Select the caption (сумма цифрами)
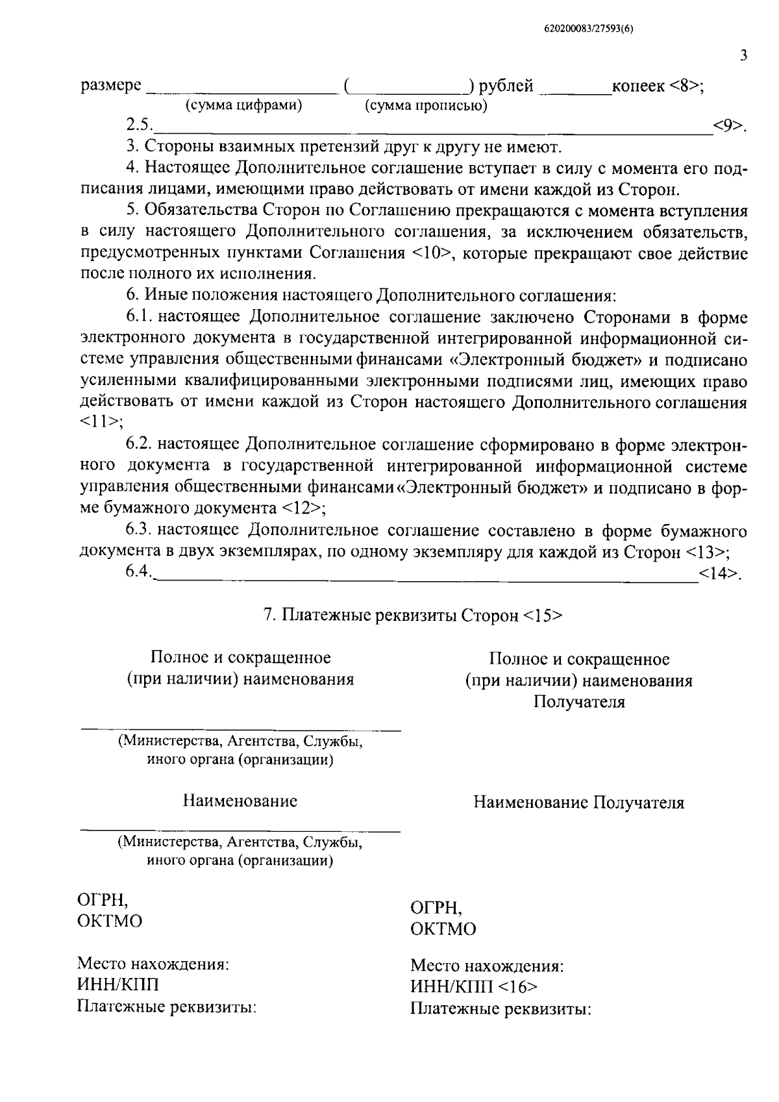(x=244, y=105)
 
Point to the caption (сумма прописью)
(x=426, y=105)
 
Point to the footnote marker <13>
(x=704, y=551)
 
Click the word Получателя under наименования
(x=579, y=702)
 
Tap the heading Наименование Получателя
(x=578, y=803)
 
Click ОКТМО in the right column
(x=443, y=929)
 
